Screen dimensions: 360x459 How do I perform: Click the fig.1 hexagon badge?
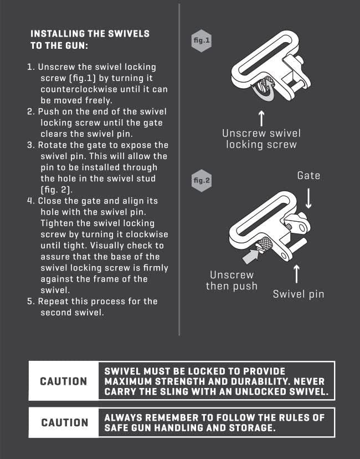[202, 40]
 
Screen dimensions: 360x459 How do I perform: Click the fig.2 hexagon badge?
[202, 180]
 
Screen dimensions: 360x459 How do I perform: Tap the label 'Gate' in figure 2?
[308, 176]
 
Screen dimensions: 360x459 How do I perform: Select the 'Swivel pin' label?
[299, 294]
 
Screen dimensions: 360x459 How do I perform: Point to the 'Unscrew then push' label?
[232, 280]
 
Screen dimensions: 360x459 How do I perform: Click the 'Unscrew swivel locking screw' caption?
[261, 139]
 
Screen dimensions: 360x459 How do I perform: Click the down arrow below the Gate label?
[308, 198]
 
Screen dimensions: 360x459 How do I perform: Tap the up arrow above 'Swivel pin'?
[296, 274]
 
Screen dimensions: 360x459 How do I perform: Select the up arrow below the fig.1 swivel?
[261, 118]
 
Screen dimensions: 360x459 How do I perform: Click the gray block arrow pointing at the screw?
[251, 256]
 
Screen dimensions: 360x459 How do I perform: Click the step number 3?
[30, 145]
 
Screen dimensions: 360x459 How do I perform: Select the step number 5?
[30, 302]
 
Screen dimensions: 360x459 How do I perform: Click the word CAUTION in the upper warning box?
[64, 381]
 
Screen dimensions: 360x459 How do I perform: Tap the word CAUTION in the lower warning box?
[64, 422]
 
